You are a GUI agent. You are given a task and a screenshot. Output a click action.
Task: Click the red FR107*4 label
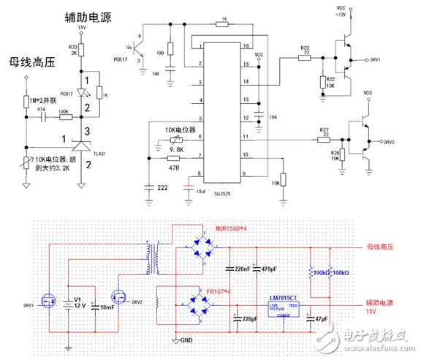[219, 292]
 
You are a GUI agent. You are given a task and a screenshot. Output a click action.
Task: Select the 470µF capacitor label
[268, 269]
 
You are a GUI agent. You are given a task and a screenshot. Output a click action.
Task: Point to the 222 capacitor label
[152, 188]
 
